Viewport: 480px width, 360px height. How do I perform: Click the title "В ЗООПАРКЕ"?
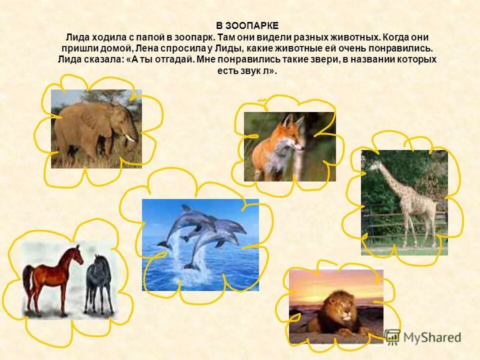point(247,25)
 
